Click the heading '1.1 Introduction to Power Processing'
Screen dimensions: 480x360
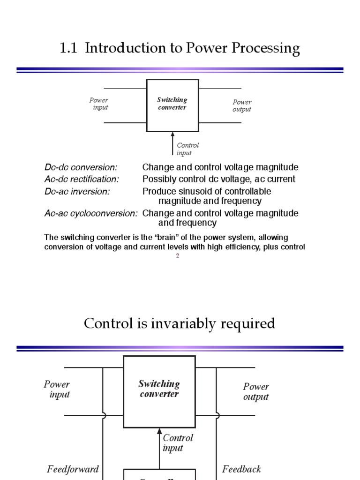180,49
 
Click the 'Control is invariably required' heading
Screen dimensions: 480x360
180,323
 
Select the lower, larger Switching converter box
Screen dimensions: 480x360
159,391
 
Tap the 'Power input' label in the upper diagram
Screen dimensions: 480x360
99,104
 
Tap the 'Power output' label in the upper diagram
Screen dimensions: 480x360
242,105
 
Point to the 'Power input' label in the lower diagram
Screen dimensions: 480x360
57,389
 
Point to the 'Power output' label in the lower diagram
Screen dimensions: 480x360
256,391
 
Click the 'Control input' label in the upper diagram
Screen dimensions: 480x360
187,149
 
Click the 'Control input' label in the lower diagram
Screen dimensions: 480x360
178,442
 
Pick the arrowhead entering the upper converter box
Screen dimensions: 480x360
172,135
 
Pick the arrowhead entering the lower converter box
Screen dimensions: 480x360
159,431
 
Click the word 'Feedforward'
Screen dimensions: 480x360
73,469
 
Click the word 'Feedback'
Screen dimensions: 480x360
241,469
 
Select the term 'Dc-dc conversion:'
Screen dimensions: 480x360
81,167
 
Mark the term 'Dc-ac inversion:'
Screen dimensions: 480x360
77,191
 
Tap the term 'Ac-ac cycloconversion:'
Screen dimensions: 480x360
91,213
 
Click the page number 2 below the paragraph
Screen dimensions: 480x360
178,255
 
